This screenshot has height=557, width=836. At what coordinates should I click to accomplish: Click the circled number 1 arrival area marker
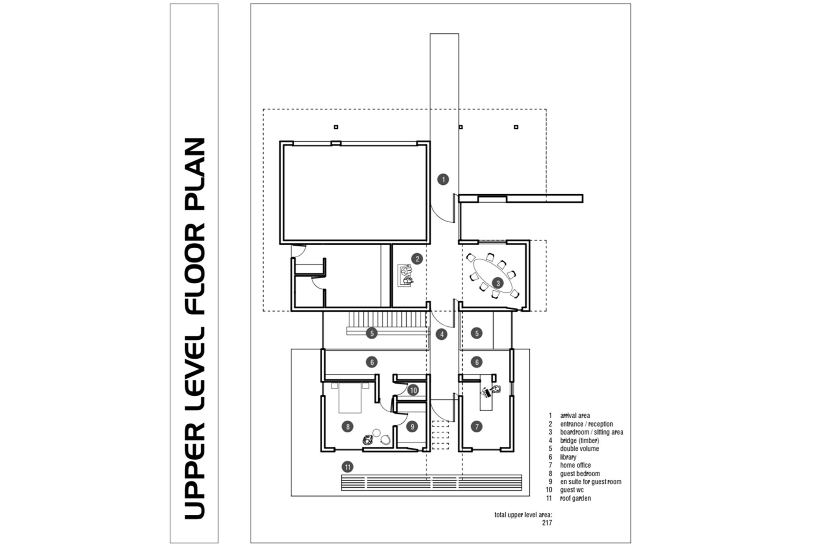point(443,179)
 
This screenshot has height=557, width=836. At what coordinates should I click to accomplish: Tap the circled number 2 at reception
point(417,259)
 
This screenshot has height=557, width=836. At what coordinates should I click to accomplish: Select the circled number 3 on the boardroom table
point(497,283)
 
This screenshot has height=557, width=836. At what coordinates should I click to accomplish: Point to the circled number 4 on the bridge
point(441,334)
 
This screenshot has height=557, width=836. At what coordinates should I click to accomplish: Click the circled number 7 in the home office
point(477,426)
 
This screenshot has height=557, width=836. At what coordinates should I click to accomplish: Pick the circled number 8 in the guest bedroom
point(347,426)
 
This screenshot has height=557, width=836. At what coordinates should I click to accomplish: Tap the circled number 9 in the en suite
point(412,426)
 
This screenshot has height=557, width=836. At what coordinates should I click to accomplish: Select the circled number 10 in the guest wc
point(413,390)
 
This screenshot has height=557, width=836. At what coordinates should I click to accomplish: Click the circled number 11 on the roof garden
point(347,467)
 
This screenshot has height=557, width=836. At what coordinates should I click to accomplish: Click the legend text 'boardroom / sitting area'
point(591,432)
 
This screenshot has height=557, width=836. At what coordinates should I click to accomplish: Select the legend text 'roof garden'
point(575,498)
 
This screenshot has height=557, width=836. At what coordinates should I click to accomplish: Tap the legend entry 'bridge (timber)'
point(579,440)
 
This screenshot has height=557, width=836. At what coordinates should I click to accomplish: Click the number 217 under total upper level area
point(547,523)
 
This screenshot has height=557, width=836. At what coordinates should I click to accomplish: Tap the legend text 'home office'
point(576,465)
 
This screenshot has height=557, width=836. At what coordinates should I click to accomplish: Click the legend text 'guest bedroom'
point(580,473)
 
